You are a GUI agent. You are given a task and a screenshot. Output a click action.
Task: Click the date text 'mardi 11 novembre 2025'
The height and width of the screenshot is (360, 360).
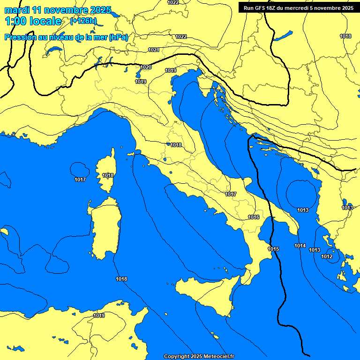point(58,10)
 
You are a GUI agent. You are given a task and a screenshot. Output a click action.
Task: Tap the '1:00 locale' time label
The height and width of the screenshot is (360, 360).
point(33,21)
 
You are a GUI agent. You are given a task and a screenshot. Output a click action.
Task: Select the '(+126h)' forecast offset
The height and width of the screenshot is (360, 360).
point(83,21)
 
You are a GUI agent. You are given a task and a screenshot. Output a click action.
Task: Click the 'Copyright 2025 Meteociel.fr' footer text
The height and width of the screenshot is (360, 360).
point(199,356)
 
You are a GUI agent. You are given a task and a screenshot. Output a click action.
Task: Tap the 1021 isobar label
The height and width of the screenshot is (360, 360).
point(153,50)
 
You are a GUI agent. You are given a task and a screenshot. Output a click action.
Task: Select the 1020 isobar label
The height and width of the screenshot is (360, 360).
point(146,67)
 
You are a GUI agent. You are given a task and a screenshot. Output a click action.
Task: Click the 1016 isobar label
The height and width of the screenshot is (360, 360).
point(254,217)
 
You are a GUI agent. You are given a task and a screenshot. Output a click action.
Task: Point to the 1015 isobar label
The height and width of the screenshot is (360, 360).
point(273,249)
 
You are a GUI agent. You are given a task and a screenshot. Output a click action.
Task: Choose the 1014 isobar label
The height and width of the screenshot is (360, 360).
point(300,246)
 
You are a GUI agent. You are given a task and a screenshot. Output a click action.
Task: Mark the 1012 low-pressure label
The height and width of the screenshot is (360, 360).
point(327,256)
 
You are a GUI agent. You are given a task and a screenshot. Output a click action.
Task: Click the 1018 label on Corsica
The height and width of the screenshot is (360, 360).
point(108,175)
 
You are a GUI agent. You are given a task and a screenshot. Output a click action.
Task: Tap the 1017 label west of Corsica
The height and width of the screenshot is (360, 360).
point(80,180)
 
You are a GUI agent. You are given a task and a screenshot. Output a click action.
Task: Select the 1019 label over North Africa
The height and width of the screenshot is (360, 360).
point(99,315)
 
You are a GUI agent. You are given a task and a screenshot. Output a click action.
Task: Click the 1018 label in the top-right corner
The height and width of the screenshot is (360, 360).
point(345,36)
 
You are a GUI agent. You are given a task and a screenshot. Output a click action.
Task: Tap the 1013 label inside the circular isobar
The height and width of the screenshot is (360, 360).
point(303,210)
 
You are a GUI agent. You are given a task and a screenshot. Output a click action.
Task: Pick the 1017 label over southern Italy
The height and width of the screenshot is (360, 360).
point(231,194)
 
